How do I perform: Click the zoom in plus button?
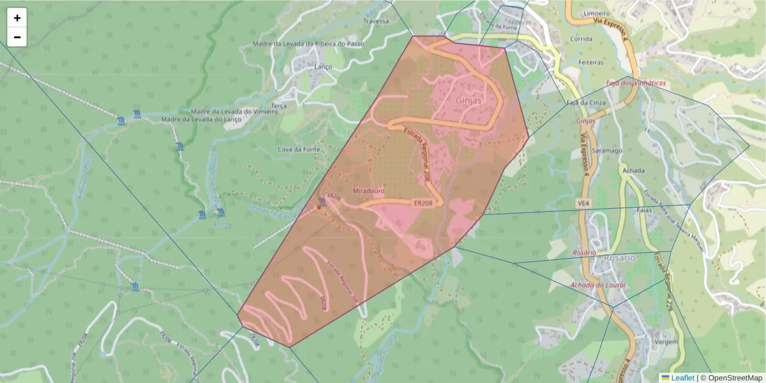[x=17, y=18]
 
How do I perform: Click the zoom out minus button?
[x=17, y=37]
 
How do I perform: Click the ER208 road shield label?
[x=423, y=203]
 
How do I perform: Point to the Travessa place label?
[x=375, y=21]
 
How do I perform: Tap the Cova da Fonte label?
[x=299, y=149]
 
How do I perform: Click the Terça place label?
[x=279, y=105]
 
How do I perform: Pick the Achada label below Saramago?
[x=633, y=170]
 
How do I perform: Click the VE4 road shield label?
[x=582, y=203]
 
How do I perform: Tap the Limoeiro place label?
[x=597, y=13]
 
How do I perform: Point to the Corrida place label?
[x=581, y=38]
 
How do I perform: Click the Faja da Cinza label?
[x=582, y=102]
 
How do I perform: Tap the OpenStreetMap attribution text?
[x=735, y=378]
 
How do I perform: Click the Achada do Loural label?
[x=598, y=285]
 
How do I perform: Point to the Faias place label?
[x=643, y=209]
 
